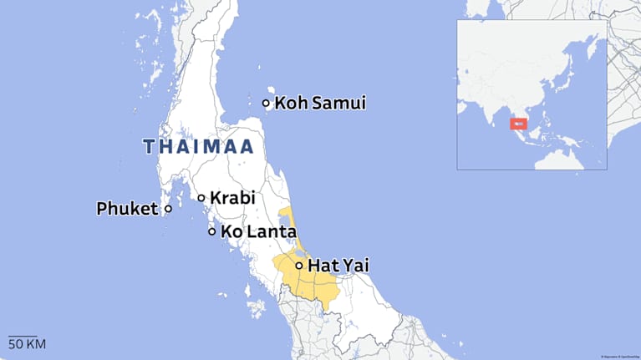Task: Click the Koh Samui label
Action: point(320,104)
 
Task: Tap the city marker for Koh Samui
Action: point(267,104)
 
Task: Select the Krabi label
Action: point(231,198)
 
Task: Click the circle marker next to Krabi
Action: point(201,198)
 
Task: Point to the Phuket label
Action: point(127,208)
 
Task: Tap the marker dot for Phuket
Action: point(168,208)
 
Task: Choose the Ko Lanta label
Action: point(258,231)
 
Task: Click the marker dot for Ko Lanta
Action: point(212,231)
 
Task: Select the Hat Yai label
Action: point(338,266)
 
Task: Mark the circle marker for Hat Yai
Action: point(299,266)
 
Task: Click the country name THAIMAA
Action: point(199,147)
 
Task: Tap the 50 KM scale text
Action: point(27,344)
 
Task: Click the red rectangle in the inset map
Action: point(518,124)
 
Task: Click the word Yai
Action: point(354,266)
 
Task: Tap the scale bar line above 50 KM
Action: point(23,335)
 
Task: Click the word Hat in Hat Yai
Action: point(323,266)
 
